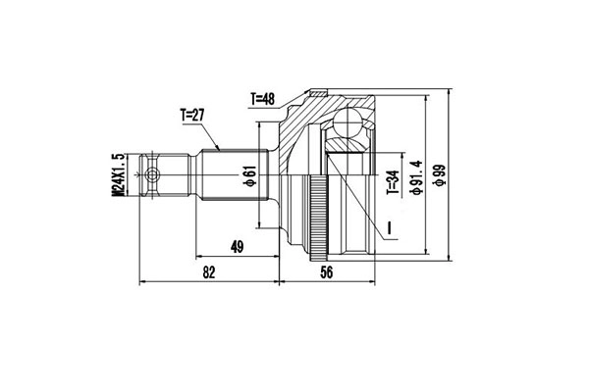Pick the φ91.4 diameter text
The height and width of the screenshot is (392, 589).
[417, 176]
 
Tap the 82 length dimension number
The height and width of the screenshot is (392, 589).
[208, 274]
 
